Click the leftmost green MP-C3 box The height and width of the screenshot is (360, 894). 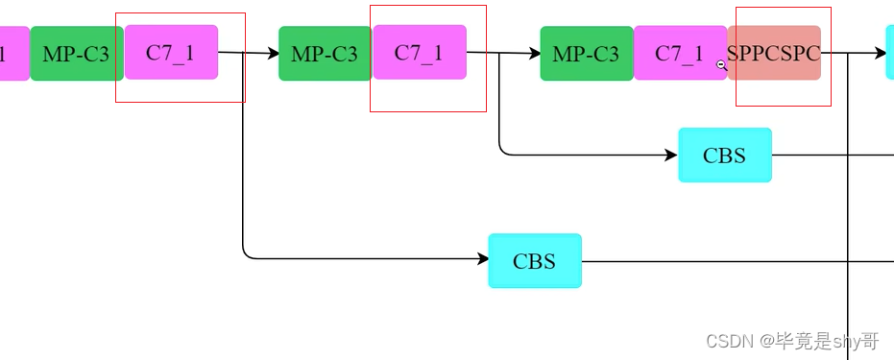(x=77, y=54)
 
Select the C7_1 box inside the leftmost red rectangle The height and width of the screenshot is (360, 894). (x=171, y=53)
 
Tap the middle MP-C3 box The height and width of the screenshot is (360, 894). (x=325, y=54)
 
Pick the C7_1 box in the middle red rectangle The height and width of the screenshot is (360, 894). (x=420, y=53)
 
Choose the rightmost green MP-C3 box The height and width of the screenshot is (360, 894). (x=587, y=54)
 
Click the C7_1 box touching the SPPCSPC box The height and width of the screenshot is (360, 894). (x=680, y=53)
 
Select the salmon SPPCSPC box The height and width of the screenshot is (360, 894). (x=774, y=53)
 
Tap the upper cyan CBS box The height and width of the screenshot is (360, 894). (x=725, y=155)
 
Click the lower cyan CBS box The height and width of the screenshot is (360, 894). (x=535, y=261)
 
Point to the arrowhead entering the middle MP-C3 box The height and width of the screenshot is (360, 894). (x=274, y=54)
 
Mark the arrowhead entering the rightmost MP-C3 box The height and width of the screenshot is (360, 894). (x=535, y=54)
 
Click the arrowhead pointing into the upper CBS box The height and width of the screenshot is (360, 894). (x=671, y=155)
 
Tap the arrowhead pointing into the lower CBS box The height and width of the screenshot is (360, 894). (x=482, y=259)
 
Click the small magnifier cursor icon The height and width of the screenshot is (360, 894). (x=722, y=65)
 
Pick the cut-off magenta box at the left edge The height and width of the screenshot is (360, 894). (x=14, y=54)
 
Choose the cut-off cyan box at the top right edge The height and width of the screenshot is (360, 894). (x=890, y=53)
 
